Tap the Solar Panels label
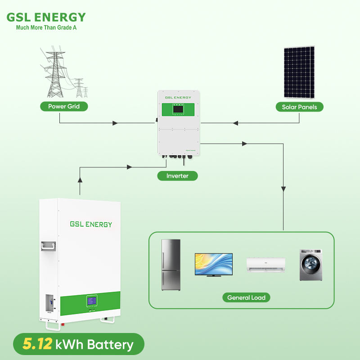(x=299, y=107)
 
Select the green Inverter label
(x=177, y=176)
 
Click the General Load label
(x=246, y=297)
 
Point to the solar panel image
(x=299, y=72)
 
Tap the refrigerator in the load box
(x=171, y=265)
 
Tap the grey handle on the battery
(x=47, y=246)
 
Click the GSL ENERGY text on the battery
(x=91, y=224)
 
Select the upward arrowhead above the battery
(x=80, y=180)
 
